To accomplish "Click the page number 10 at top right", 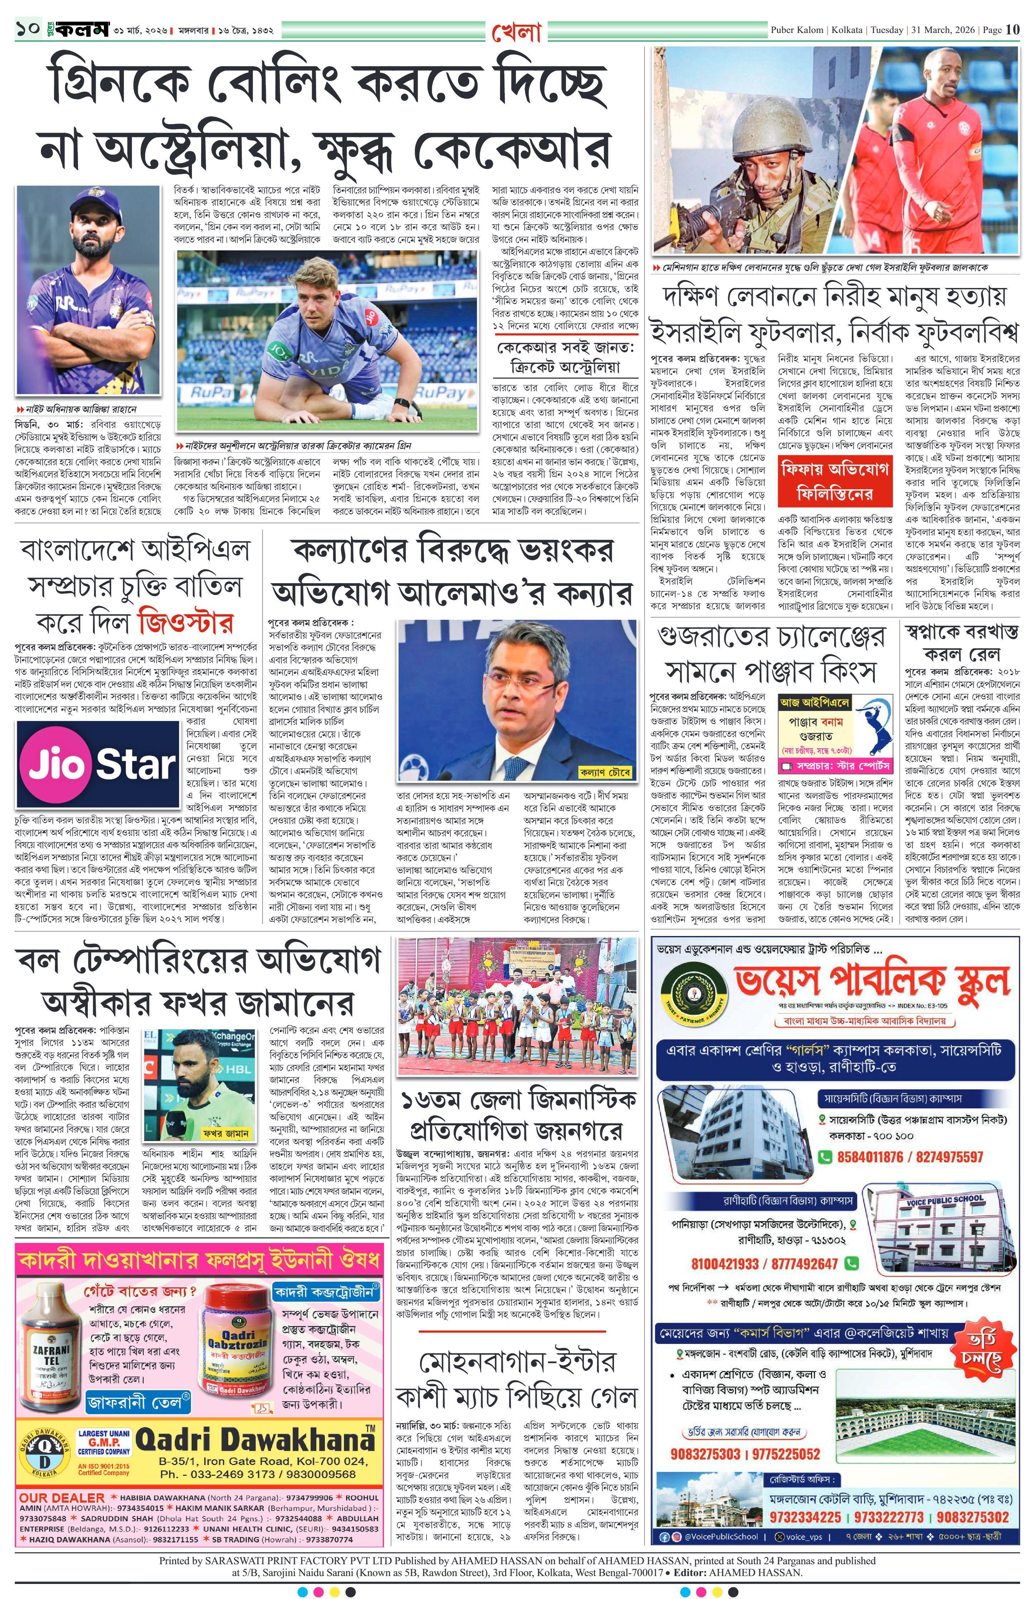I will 1012,30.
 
